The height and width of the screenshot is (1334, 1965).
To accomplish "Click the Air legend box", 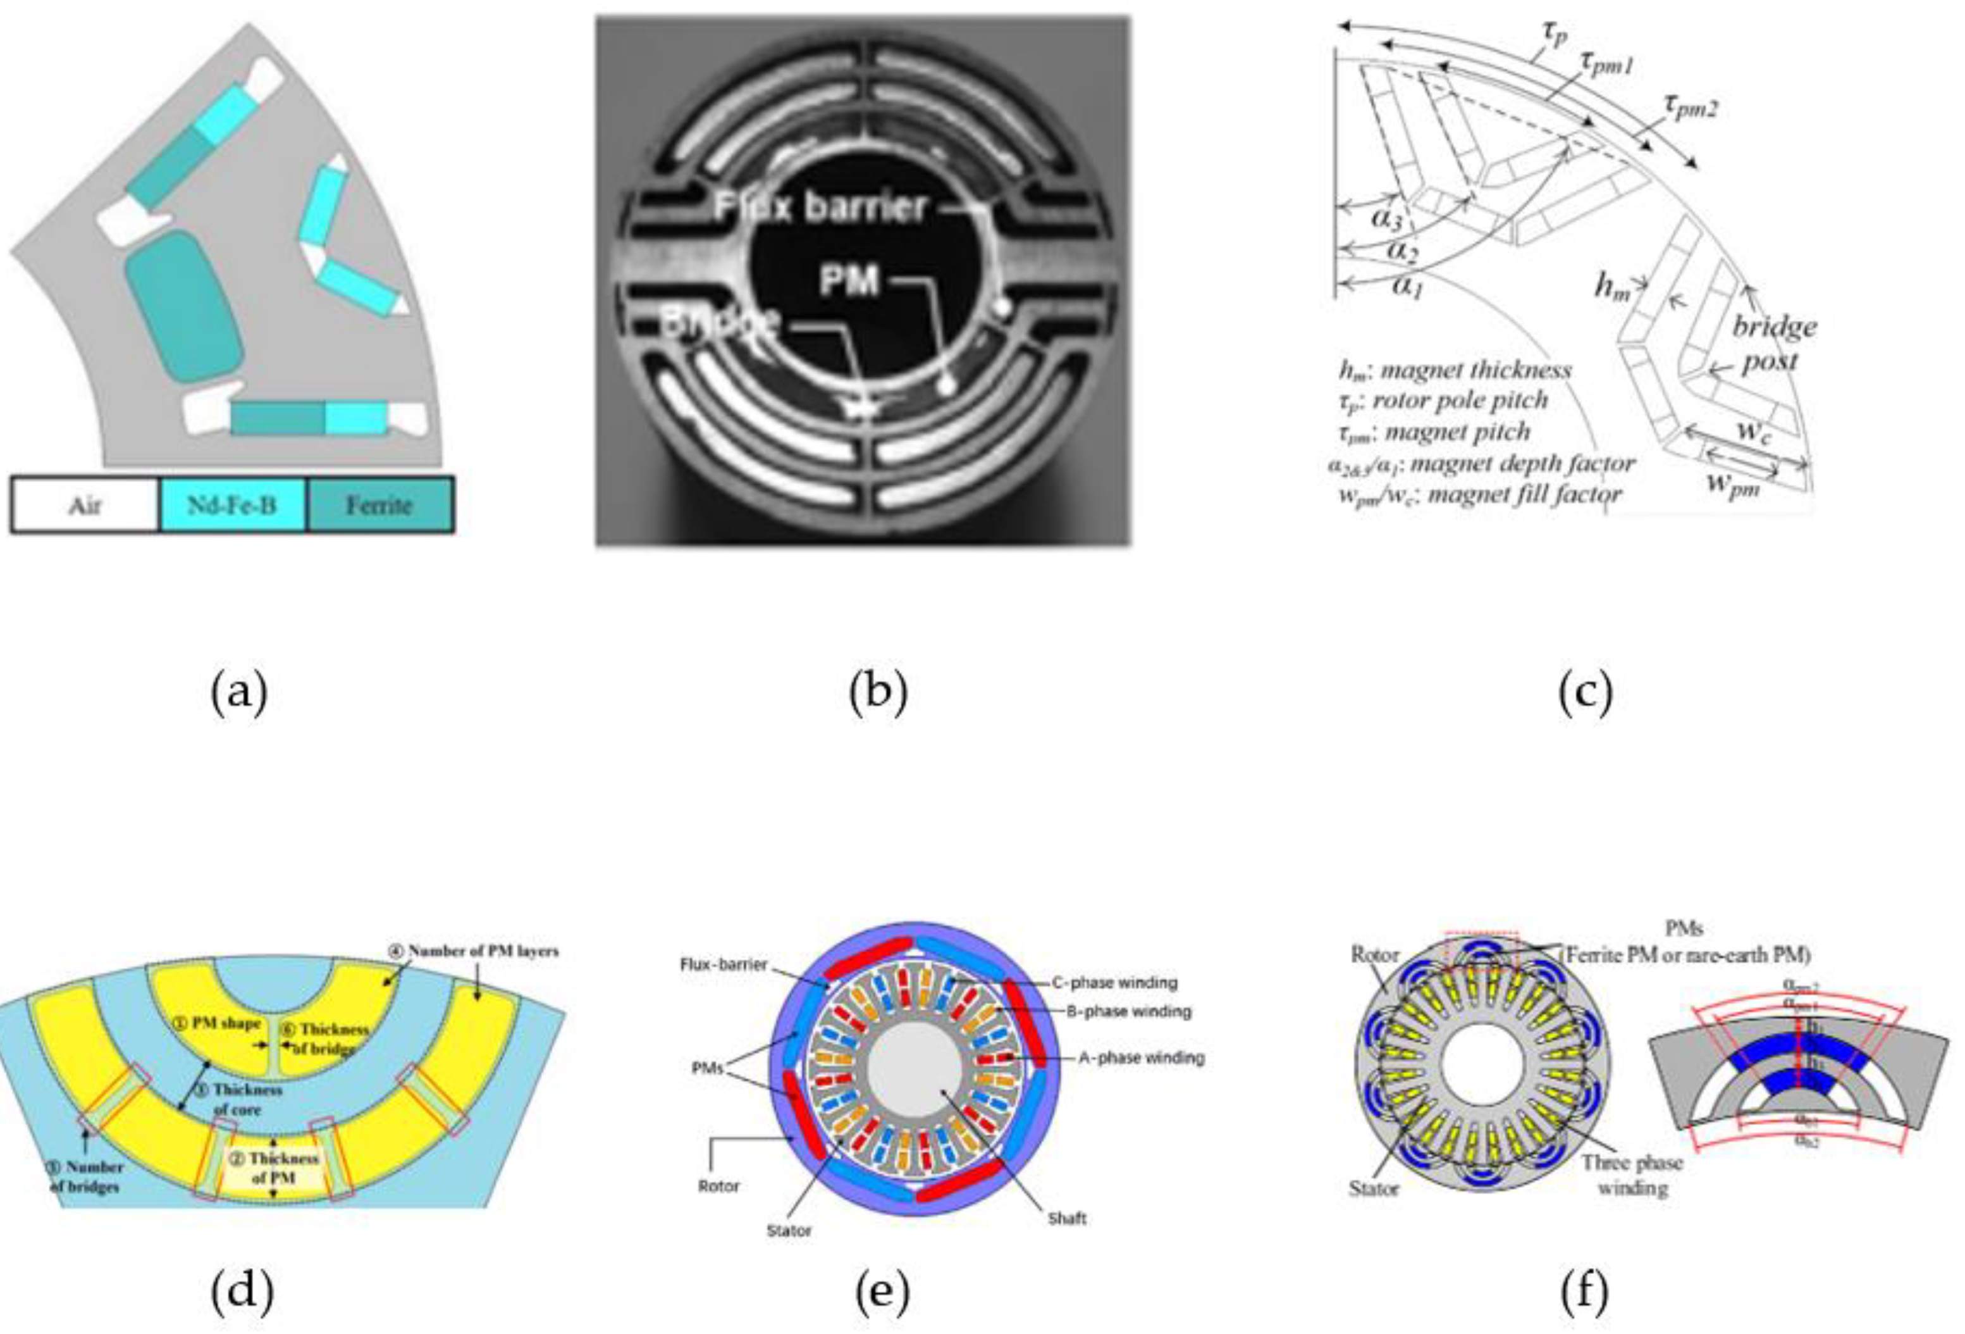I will pyautogui.click(x=85, y=506).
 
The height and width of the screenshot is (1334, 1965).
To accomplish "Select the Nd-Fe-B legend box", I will pyautogui.click(x=231, y=506).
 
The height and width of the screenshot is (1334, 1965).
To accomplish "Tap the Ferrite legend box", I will pyautogui.click(x=379, y=506).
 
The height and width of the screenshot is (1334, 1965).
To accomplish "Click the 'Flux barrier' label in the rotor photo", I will pyautogui.click(x=820, y=207).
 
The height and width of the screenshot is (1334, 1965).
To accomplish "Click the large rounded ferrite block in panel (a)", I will pyautogui.click(x=183, y=306).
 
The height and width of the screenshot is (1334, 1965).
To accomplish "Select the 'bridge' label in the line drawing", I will pyautogui.click(x=1774, y=326).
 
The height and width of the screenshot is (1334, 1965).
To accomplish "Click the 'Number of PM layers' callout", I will pyautogui.click(x=483, y=951).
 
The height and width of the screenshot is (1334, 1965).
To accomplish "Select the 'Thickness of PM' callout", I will pyautogui.click(x=283, y=1168).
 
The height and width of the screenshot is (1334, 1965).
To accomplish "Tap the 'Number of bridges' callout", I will pyautogui.click(x=85, y=1176).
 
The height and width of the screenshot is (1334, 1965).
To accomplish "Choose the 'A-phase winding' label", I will pyautogui.click(x=1141, y=1057).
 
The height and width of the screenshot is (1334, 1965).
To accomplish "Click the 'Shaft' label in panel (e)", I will pyautogui.click(x=1066, y=1219).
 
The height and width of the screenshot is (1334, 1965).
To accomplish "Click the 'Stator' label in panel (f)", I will pyautogui.click(x=1374, y=1188).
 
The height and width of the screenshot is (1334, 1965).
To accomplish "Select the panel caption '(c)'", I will pyautogui.click(x=1584, y=691).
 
